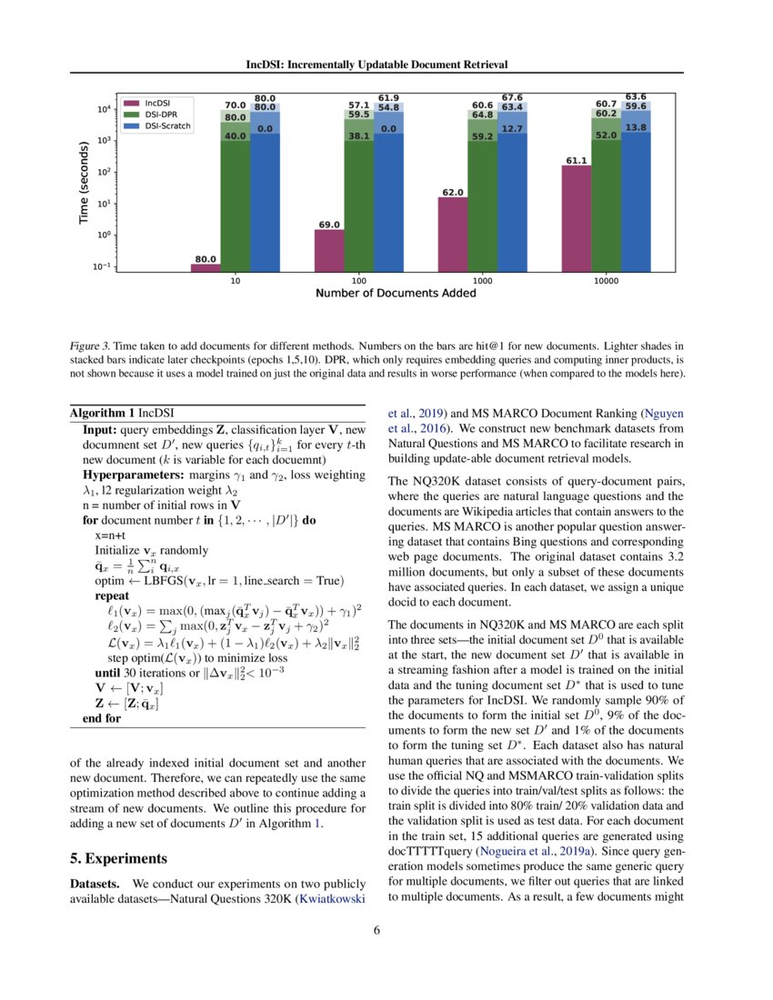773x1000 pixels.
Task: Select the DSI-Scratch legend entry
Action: [167, 126]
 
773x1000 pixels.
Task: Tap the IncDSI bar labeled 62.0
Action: [453, 234]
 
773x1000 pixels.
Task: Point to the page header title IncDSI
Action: [377, 65]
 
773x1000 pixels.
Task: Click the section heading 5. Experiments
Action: [124, 857]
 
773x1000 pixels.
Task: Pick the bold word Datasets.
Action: [96, 884]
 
